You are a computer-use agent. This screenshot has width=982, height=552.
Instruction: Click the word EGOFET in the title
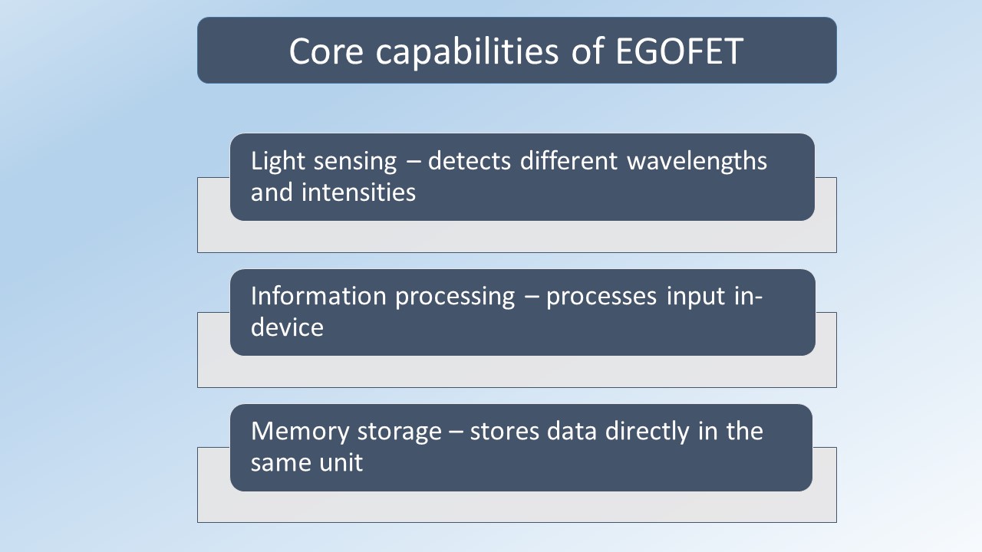tap(680, 51)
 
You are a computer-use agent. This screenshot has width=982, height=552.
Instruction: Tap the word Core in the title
tap(326, 51)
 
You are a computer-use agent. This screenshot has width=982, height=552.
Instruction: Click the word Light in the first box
tap(278, 162)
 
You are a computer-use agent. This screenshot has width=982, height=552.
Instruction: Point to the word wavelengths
tap(697, 161)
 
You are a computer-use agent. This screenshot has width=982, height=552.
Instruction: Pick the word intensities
tap(358, 192)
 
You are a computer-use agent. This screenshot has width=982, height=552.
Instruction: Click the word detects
tap(470, 161)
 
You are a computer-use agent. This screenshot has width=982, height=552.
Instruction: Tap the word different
tap(569, 160)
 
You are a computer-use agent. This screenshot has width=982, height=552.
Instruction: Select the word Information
tap(318, 296)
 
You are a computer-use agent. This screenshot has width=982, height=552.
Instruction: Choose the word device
tap(287, 327)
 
